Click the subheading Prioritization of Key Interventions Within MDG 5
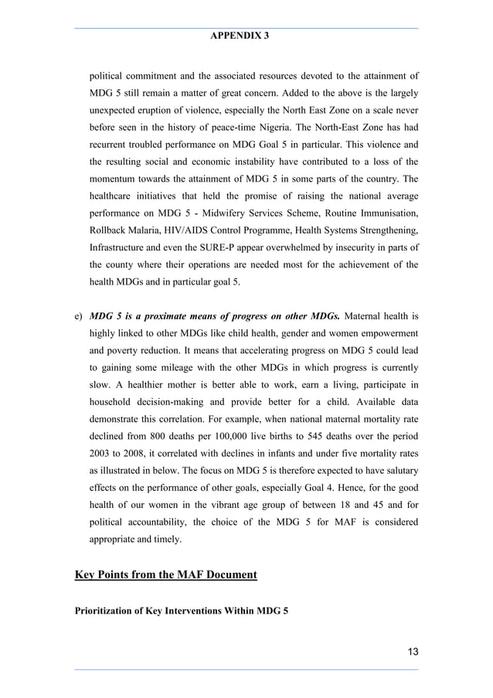[x=181, y=611]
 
